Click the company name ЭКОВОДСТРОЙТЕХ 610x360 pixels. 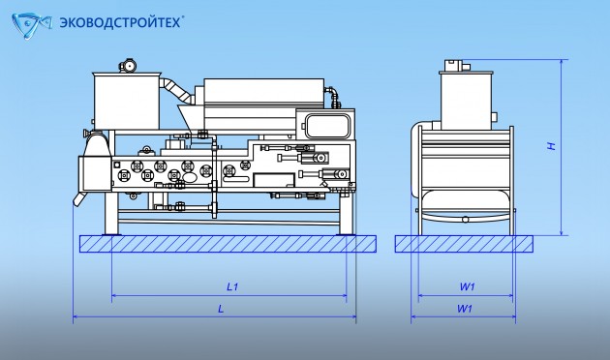[x=121, y=22]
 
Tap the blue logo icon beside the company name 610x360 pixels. [x=32, y=26]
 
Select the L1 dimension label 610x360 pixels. [x=232, y=286]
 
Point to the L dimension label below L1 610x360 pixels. [x=221, y=309]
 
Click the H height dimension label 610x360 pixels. [x=551, y=146]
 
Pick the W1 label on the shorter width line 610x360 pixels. [x=467, y=286]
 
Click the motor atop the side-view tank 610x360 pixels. [x=128, y=65]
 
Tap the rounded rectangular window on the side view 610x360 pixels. [x=327, y=126]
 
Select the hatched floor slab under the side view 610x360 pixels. [x=228, y=244]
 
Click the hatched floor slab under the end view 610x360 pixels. [x=464, y=244]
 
